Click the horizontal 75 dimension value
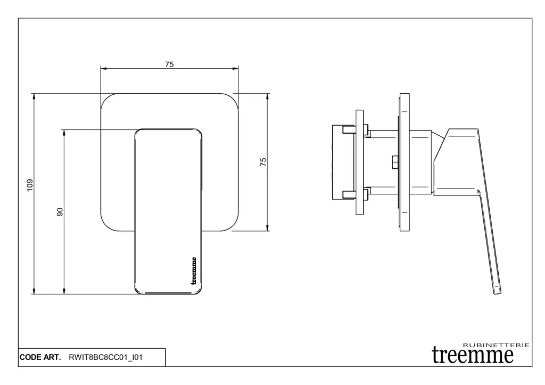pos(169,64)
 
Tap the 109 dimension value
pos(30,185)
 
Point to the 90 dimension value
pos(60,212)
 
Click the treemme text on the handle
pos(194,271)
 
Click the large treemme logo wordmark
pos(473,355)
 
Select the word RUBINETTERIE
pos(497,345)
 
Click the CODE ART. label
pos(40,357)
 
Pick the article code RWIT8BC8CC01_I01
pos(106,357)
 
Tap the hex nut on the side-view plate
pos(395,162)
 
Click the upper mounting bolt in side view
pos(354,130)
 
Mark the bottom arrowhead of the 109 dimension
pos(34,291)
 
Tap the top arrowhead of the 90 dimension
pos(64,133)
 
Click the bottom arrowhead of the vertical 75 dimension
pos(267,228)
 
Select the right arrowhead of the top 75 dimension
pos(236,69)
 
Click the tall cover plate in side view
pos(404,162)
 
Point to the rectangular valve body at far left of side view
pos(343,162)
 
